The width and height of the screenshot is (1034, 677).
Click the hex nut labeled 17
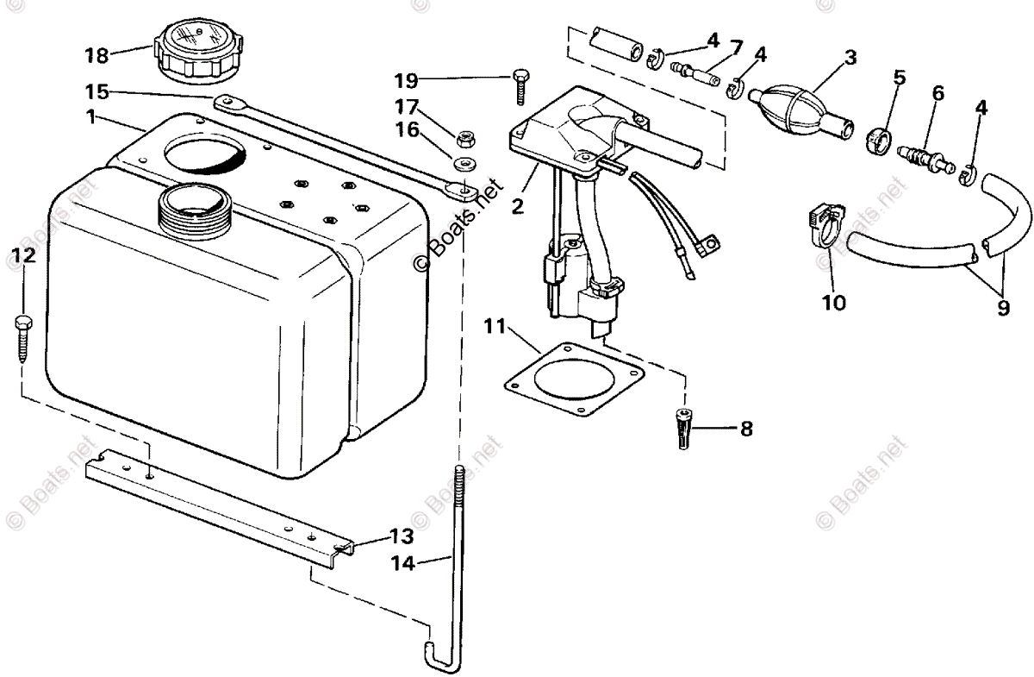point(464,136)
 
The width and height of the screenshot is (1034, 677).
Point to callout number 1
point(92,116)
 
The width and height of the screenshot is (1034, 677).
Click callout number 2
point(517,207)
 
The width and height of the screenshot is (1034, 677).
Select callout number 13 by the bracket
point(402,536)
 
